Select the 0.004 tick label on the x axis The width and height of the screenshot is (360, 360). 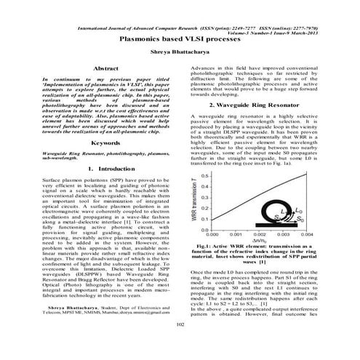308,234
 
